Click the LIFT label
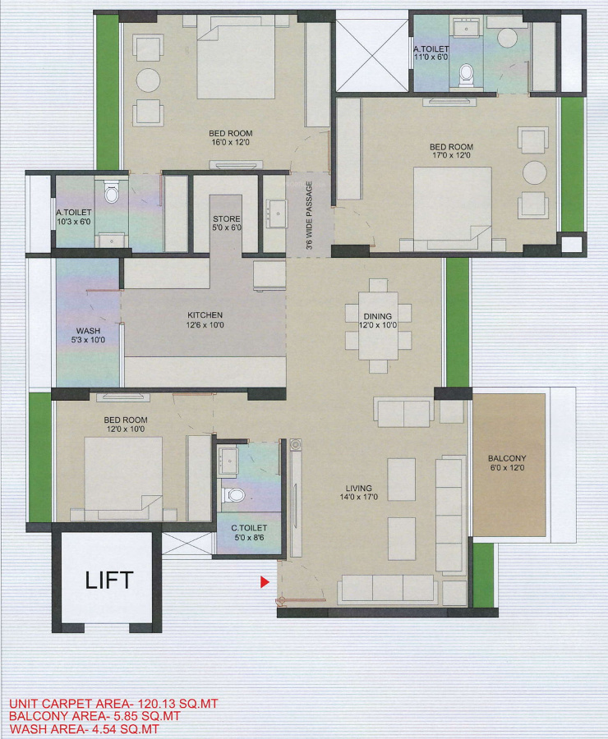click(109, 581)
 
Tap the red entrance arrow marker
click(265, 582)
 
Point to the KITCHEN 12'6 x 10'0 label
click(205, 320)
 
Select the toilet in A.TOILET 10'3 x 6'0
click(112, 194)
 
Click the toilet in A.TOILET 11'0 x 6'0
click(467, 74)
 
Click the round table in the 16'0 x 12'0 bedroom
click(148, 80)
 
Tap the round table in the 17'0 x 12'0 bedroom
click(535, 172)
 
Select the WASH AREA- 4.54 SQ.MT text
click(84, 728)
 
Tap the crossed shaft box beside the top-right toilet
click(373, 51)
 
